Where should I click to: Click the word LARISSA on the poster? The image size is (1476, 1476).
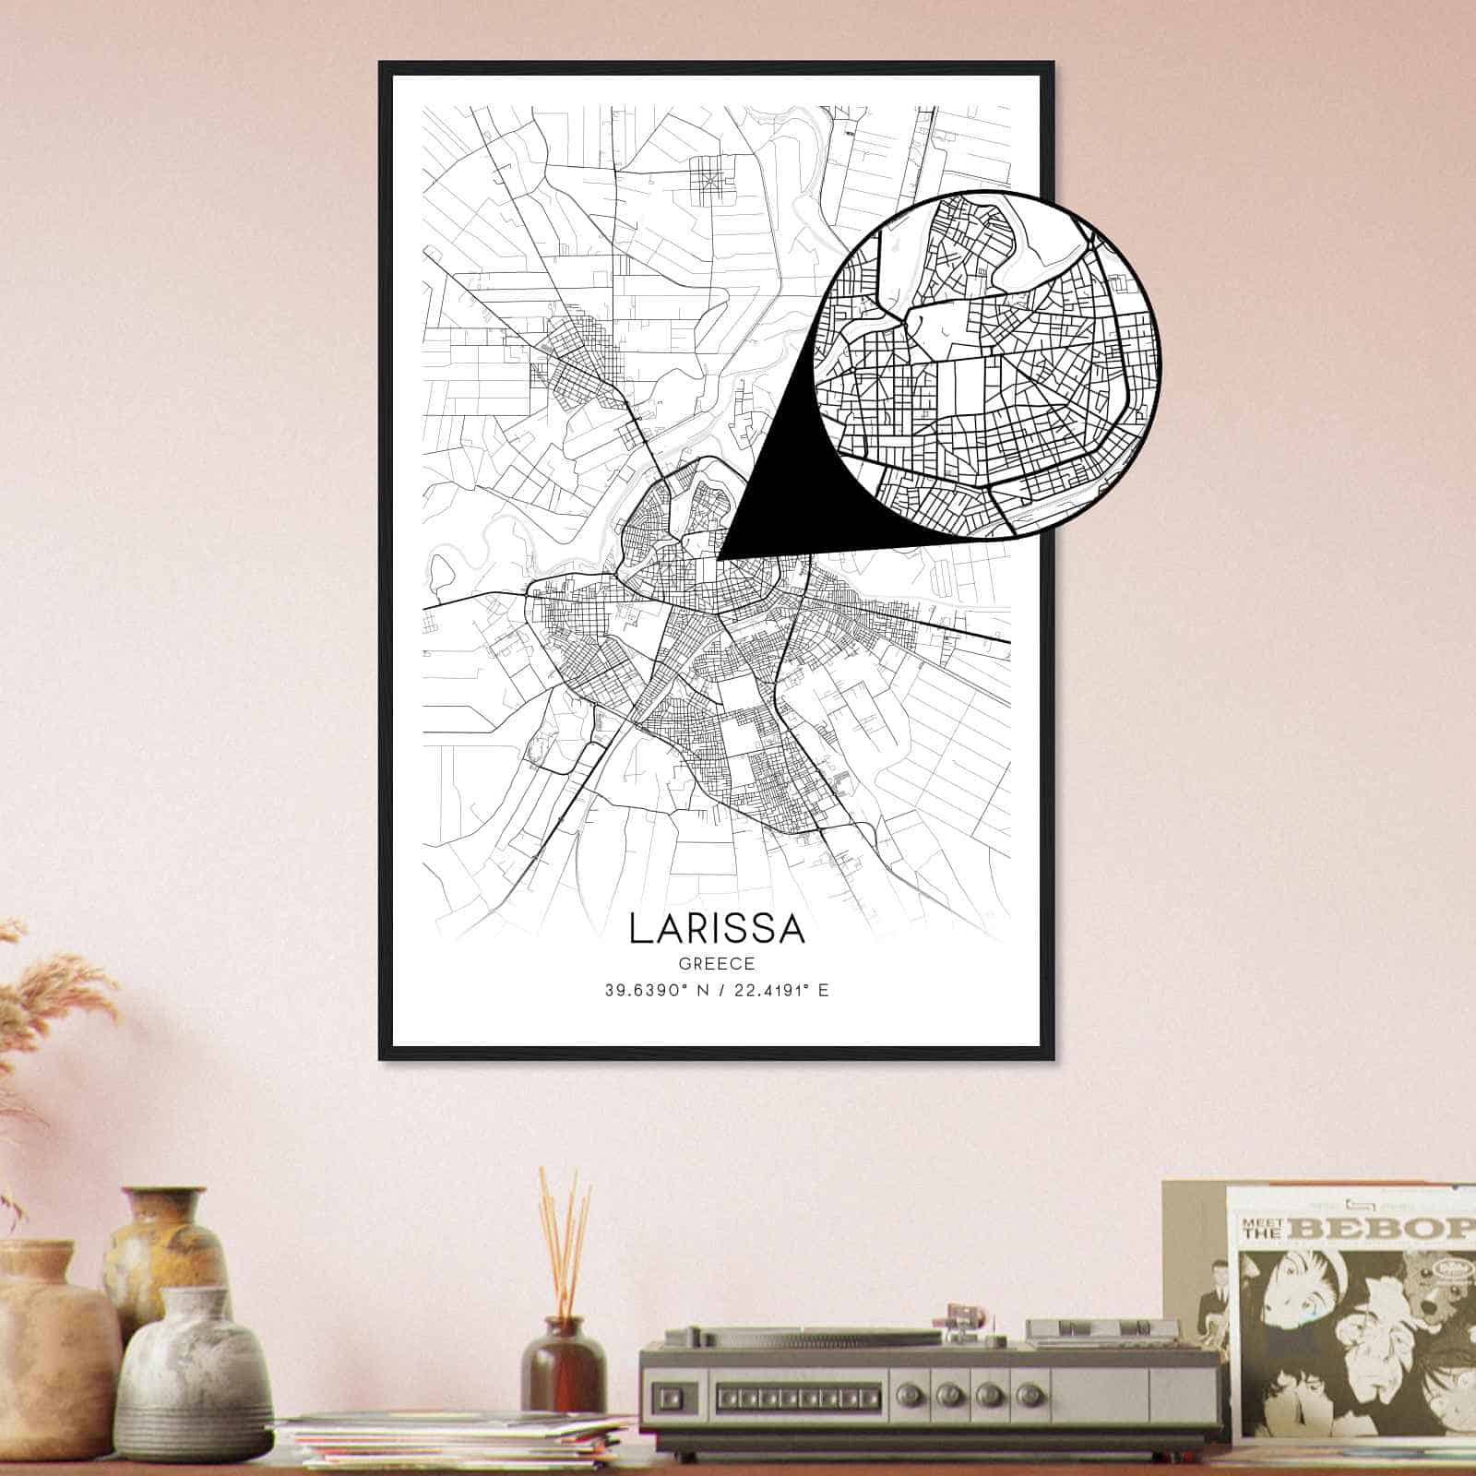click(717, 929)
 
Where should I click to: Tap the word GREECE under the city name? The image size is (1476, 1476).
click(717, 964)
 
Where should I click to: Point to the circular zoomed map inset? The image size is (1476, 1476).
click(987, 364)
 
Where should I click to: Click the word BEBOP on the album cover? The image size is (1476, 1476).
click(1394, 1228)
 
